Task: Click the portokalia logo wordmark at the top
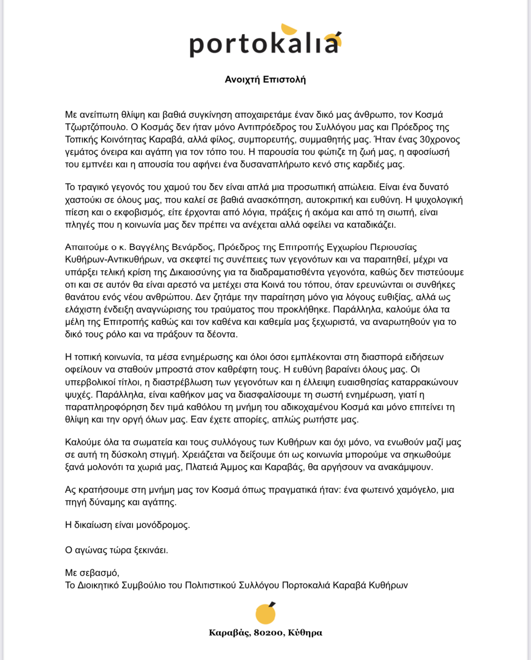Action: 265,42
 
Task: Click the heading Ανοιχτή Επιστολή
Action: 265,79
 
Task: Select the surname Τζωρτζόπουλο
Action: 96,127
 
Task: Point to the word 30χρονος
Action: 440,139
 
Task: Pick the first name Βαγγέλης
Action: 148,247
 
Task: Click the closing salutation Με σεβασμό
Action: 92,573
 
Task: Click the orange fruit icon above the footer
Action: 265,613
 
